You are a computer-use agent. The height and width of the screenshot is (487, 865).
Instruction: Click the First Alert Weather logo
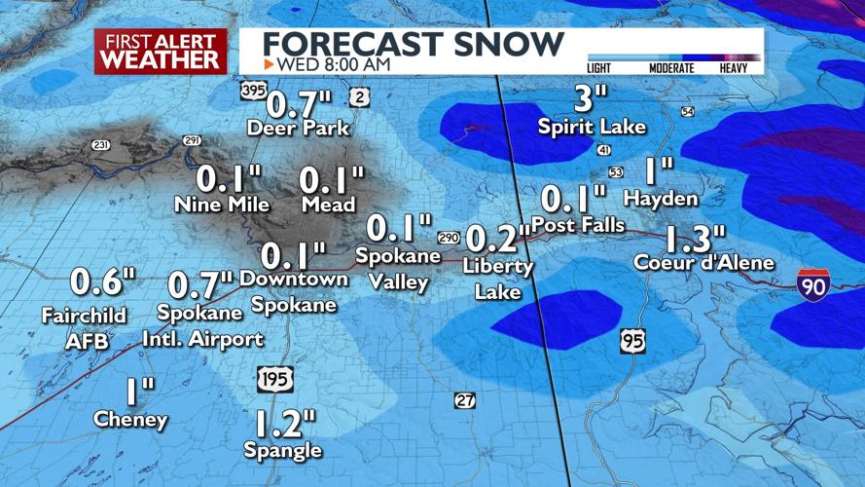(160, 51)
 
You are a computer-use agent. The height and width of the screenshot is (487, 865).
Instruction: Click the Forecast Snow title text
(414, 43)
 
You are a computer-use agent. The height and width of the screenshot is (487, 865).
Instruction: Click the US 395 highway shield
(253, 91)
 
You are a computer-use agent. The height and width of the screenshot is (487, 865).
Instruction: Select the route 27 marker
(465, 400)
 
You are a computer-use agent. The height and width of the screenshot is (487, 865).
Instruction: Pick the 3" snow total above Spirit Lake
(584, 98)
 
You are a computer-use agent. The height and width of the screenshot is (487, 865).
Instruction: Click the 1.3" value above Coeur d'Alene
(695, 238)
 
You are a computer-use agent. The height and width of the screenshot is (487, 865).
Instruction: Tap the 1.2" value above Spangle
(285, 423)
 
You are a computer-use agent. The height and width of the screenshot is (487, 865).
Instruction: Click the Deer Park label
(298, 128)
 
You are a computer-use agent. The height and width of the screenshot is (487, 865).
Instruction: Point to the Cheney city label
(130, 420)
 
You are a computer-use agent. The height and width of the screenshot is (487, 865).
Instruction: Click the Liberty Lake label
(498, 279)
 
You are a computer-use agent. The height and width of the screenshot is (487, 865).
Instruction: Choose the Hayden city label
(661, 199)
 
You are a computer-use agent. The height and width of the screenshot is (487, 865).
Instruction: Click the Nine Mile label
(222, 205)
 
